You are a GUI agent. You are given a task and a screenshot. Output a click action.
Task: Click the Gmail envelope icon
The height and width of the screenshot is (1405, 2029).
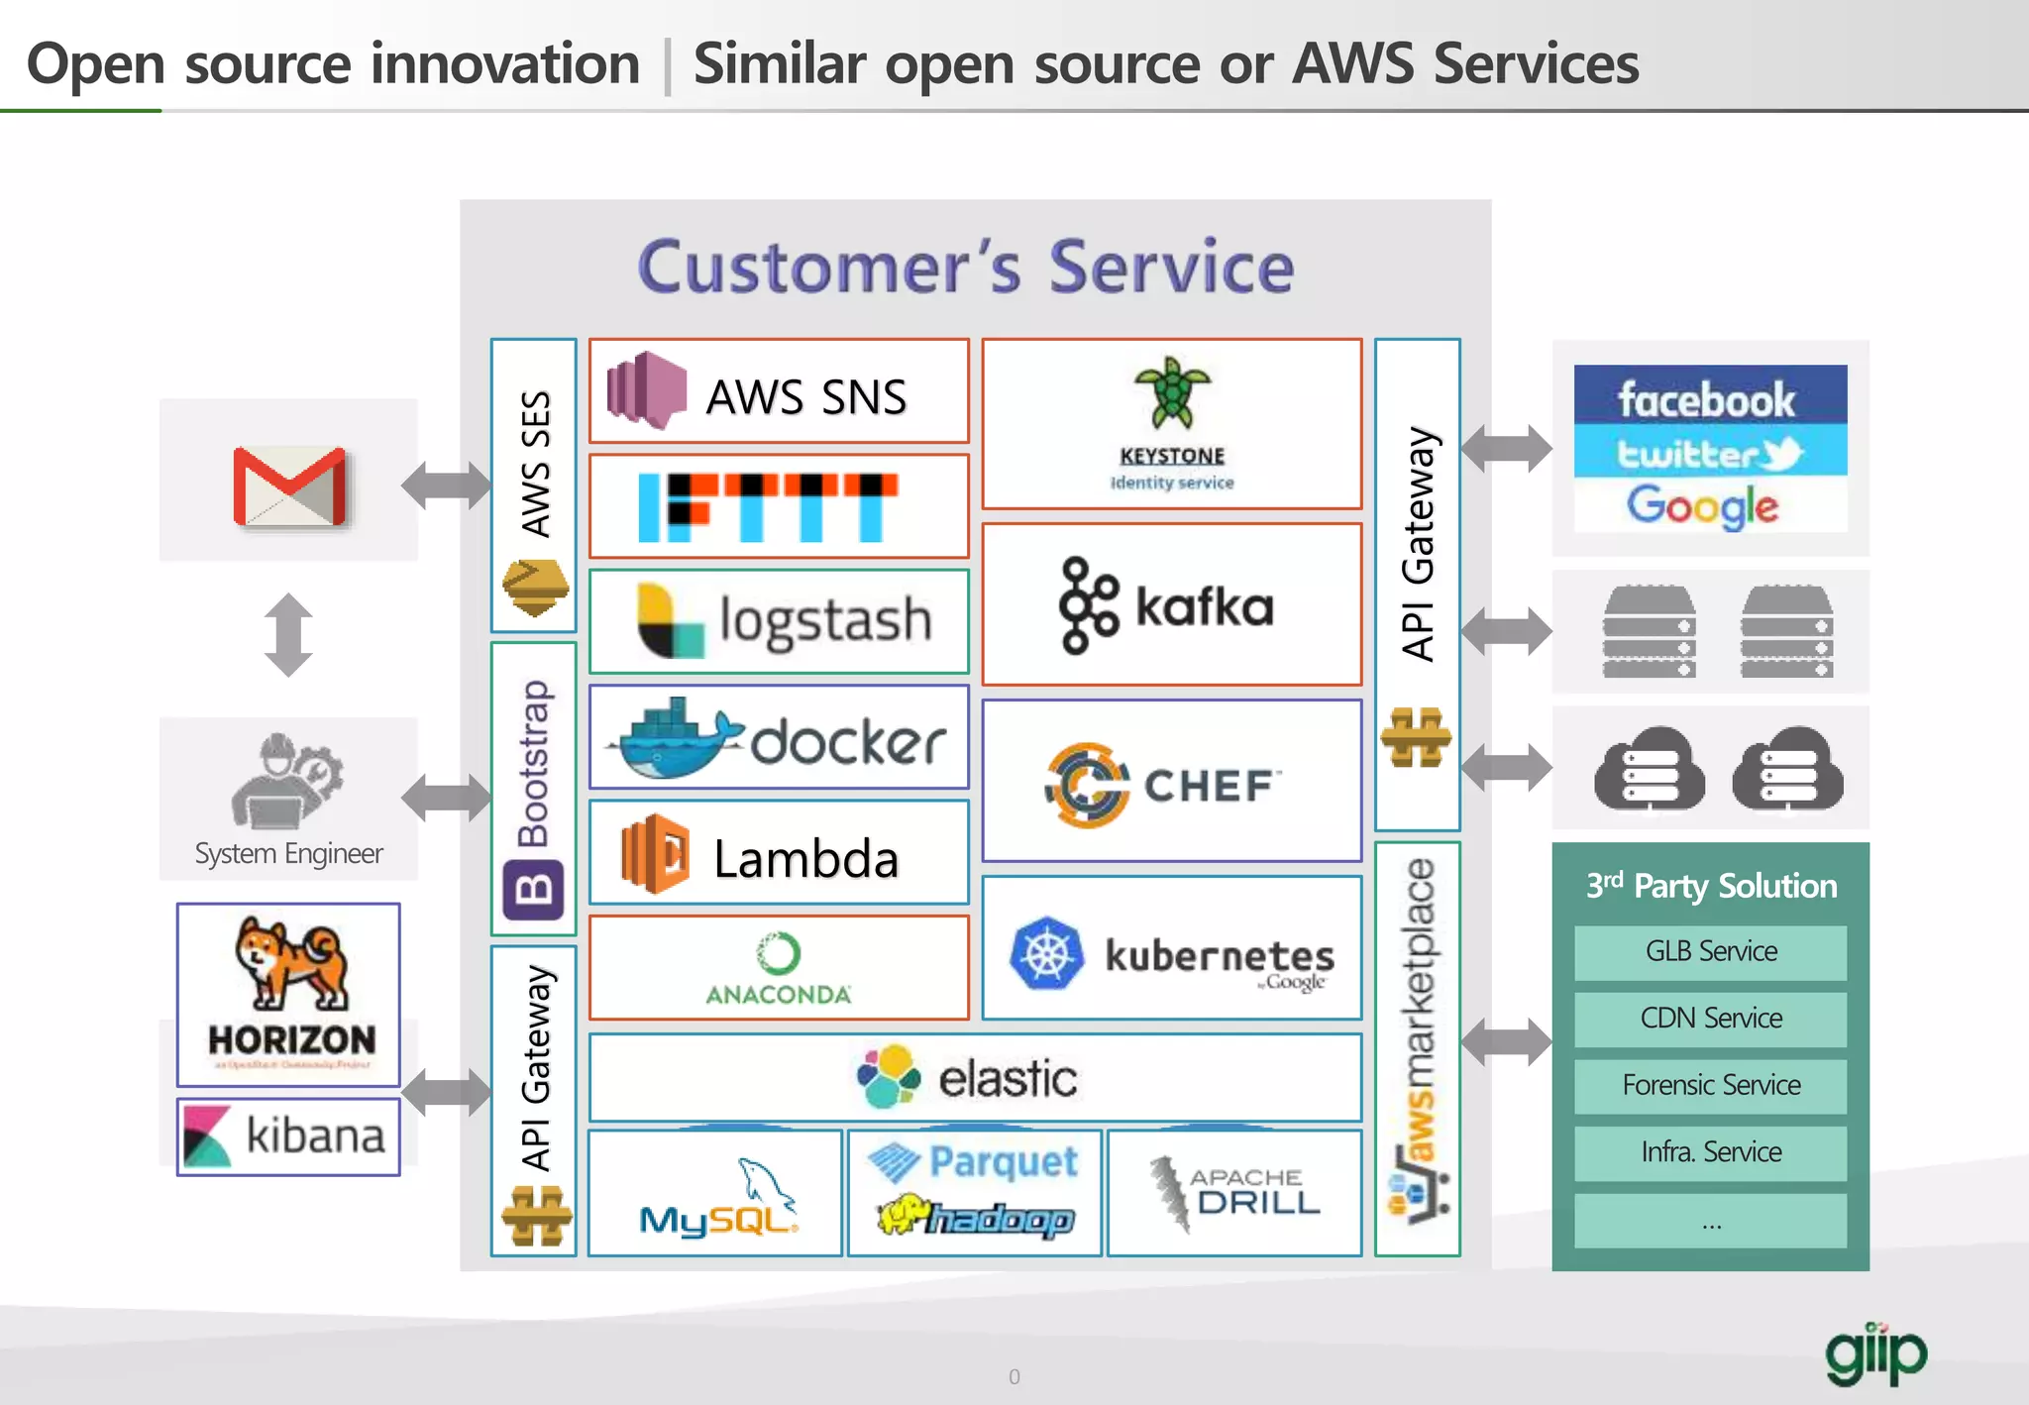[289, 486]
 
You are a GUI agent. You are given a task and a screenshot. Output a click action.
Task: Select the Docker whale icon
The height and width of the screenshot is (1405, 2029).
[676, 738]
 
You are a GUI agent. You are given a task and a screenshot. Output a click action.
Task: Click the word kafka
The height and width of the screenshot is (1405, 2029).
[1204, 606]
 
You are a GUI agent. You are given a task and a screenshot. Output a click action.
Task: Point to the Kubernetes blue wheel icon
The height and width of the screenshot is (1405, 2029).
[1045, 953]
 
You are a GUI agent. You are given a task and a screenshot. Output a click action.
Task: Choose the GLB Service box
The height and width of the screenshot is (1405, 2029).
[1711, 952]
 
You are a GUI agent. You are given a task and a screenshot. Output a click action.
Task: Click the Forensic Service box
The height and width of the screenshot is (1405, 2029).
[1711, 1086]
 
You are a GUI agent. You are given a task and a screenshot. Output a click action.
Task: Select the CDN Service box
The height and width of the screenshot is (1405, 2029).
[1711, 1019]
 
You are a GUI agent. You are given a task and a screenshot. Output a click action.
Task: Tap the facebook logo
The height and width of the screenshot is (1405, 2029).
[1708, 398]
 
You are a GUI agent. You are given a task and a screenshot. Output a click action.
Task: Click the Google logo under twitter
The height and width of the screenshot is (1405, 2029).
[1702, 506]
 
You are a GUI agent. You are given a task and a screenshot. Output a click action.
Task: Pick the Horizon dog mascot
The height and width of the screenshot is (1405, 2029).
[290, 961]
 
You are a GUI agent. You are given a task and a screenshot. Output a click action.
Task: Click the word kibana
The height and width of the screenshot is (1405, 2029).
[314, 1135]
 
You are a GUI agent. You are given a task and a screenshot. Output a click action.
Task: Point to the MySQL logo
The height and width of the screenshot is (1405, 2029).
[718, 1198]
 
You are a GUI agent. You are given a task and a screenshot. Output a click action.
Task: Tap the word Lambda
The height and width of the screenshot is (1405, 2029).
[805, 858]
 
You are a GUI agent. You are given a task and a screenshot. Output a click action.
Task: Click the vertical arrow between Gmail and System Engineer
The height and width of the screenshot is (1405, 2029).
[288, 634]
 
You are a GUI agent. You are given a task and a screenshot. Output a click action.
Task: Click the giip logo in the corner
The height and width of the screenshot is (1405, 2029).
[1875, 1353]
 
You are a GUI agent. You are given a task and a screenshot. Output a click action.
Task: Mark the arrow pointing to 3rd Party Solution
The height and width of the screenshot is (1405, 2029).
[1506, 1041]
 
